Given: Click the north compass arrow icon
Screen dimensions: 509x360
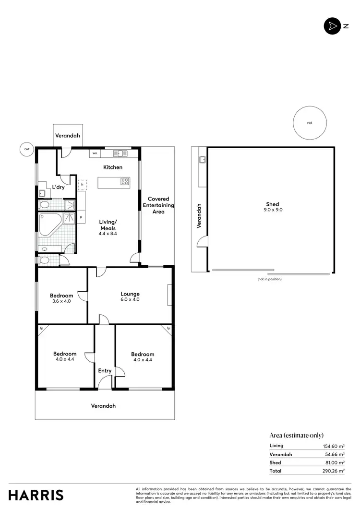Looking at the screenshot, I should coord(331,26).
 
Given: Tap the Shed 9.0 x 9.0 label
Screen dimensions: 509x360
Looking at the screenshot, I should coord(272,206).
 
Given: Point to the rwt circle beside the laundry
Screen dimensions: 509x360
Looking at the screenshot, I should coord(26,149).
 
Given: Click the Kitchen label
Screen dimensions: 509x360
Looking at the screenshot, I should coord(113,167).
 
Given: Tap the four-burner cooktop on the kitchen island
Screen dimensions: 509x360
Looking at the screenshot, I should coord(125,181).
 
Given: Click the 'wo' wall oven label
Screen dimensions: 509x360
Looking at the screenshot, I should coord(95,154).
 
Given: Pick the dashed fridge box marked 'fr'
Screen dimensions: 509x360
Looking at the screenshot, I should coord(82,184).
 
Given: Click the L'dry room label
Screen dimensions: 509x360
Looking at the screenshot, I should coord(59,187).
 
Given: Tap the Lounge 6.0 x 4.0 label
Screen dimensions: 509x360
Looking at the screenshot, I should coord(130,296).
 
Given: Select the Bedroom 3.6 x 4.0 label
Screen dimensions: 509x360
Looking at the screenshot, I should coord(61,298).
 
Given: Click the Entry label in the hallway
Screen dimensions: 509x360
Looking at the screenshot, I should coord(105,371).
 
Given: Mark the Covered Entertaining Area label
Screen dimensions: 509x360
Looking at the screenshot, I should coord(158,205).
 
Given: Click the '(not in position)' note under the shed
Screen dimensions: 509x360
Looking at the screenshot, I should coord(269,279).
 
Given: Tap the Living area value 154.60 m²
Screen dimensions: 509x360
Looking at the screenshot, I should coord(334,446).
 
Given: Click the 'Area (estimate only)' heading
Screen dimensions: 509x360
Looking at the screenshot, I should coord(296,435).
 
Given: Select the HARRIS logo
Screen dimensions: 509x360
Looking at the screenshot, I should coord(36,495).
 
